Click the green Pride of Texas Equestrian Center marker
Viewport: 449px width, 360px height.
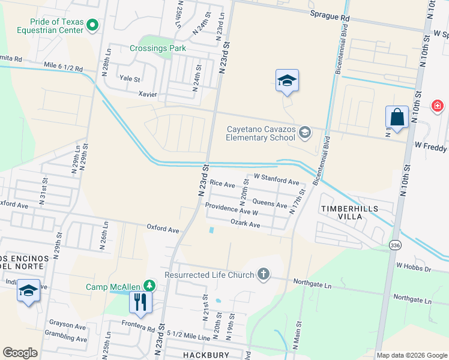click(x=92, y=25)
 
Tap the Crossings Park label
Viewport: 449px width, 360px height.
click(x=158, y=48)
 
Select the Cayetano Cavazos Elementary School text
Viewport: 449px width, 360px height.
click(x=262, y=133)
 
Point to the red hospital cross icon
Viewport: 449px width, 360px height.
click(x=437, y=106)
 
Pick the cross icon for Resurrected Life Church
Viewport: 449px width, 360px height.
click(x=262, y=274)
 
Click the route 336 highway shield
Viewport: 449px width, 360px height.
click(x=395, y=245)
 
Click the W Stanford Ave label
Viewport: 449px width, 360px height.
click(x=276, y=179)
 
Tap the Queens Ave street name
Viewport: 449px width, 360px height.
click(x=270, y=204)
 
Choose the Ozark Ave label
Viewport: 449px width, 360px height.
click(x=245, y=224)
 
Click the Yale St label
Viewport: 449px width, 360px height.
click(x=130, y=79)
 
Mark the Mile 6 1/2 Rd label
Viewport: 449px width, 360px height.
click(x=63, y=65)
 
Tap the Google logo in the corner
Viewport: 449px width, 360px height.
click(x=20, y=353)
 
